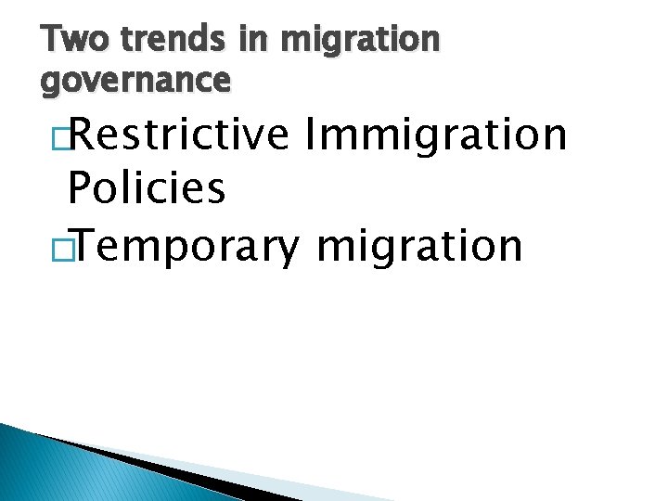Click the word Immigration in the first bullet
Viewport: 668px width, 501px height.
[x=435, y=135]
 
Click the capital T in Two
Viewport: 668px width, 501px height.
[x=53, y=40]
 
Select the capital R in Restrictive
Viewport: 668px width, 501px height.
[x=81, y=135]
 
